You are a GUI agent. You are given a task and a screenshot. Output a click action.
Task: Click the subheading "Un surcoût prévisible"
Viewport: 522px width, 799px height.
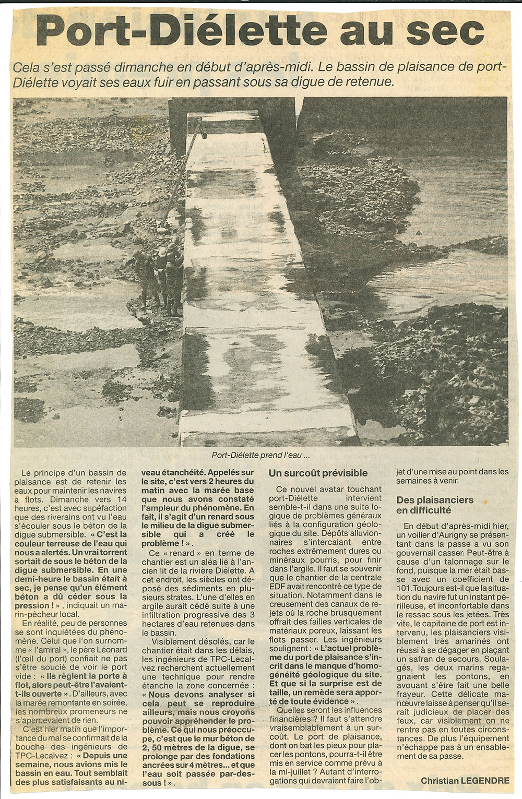pos(318,473)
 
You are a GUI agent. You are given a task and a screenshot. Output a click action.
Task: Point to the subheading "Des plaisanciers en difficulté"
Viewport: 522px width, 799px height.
pos(434,505)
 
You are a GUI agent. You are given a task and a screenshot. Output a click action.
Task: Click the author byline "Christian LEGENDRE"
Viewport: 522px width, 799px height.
pos(465,781)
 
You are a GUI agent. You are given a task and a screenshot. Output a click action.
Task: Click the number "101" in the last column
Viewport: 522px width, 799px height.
pos(404,588)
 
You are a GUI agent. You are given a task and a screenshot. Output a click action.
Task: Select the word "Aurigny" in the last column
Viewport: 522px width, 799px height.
pos(448,535)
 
